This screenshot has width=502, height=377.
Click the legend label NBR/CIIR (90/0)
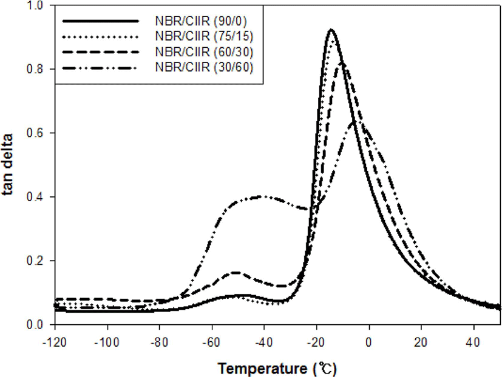201,21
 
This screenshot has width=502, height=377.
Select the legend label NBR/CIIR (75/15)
204,36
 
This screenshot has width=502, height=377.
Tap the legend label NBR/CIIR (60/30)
204,52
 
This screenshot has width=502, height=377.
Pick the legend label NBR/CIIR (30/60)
204,67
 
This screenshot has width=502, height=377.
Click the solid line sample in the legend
101,21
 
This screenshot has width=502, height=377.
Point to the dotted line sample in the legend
101,37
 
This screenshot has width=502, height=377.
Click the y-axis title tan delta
7,164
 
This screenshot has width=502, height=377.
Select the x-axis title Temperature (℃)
277,369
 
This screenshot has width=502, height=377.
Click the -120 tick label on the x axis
54,342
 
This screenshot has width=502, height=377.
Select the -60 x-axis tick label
212,342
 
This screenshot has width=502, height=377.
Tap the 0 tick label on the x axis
369,342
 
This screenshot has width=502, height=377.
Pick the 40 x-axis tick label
473,342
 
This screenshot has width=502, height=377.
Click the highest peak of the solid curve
331,30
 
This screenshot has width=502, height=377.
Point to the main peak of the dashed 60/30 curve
342,63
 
